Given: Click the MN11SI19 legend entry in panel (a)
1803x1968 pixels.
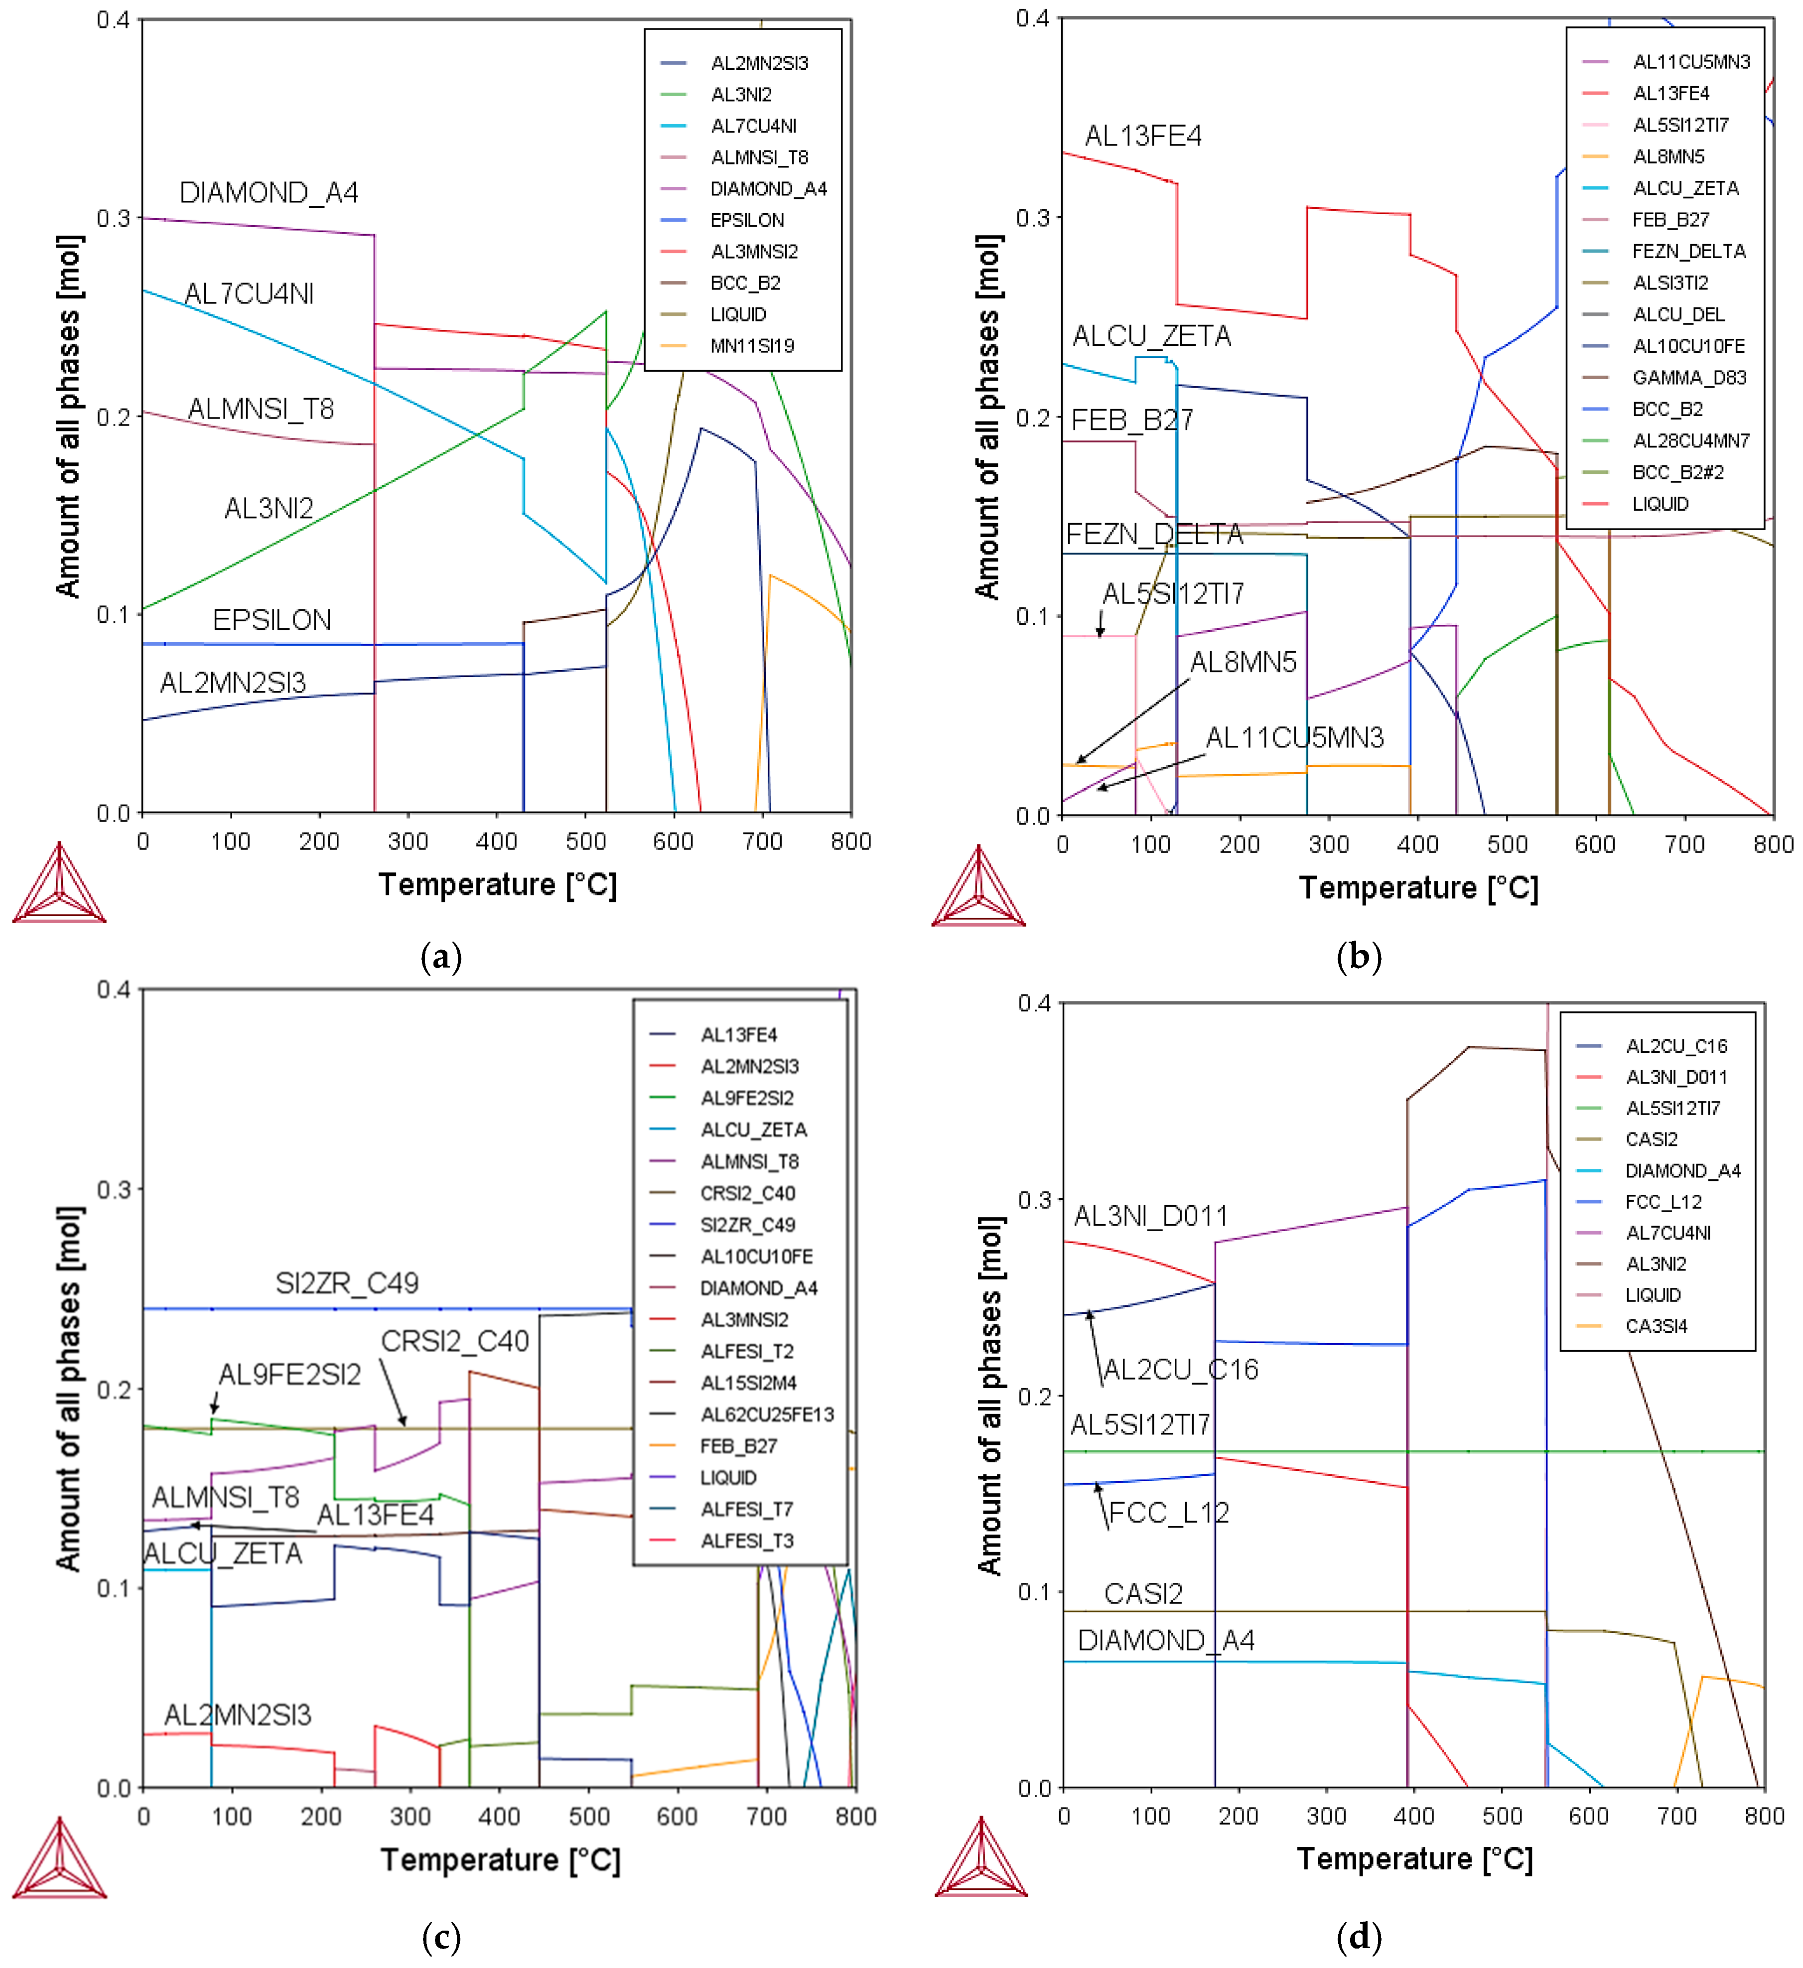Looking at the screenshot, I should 752,346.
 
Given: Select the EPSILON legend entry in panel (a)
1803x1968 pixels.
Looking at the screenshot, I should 747,220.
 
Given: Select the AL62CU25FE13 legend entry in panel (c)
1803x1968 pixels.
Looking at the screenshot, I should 767,1414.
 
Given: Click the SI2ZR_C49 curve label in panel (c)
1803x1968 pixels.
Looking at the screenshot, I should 347,1283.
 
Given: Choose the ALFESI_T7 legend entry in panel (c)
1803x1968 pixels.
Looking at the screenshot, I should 747,1509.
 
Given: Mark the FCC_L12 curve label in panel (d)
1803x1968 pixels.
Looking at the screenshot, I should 1168,1513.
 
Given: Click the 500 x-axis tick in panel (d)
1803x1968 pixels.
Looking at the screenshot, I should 1502,1817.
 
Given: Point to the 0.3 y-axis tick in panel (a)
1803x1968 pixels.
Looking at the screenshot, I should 113,218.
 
